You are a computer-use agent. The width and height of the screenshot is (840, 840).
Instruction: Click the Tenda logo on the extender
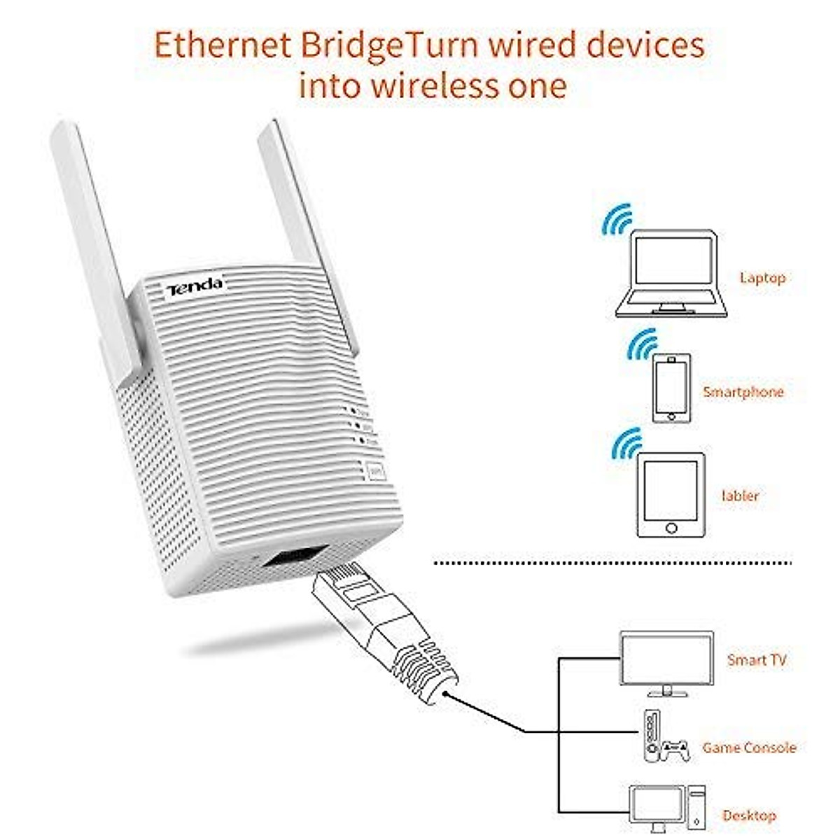coord(195,285)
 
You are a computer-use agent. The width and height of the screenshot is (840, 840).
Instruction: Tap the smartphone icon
coord(671,388)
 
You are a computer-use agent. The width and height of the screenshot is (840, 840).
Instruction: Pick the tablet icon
coord(671,495)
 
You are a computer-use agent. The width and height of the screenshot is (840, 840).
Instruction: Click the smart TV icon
coord(666,662)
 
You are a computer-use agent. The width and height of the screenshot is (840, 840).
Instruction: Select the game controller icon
coord(675,750)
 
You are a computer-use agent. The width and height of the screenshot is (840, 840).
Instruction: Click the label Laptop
coord(762,278)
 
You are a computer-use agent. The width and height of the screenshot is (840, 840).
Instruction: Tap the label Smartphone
coord(743,392)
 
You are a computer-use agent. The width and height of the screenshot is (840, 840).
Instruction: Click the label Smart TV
coord(756,659)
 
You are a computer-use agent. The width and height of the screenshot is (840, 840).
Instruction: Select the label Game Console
coord(749,748)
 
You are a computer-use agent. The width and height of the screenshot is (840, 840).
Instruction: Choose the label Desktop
coord(749,815)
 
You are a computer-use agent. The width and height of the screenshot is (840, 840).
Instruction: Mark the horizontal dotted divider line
coord(612,562)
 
